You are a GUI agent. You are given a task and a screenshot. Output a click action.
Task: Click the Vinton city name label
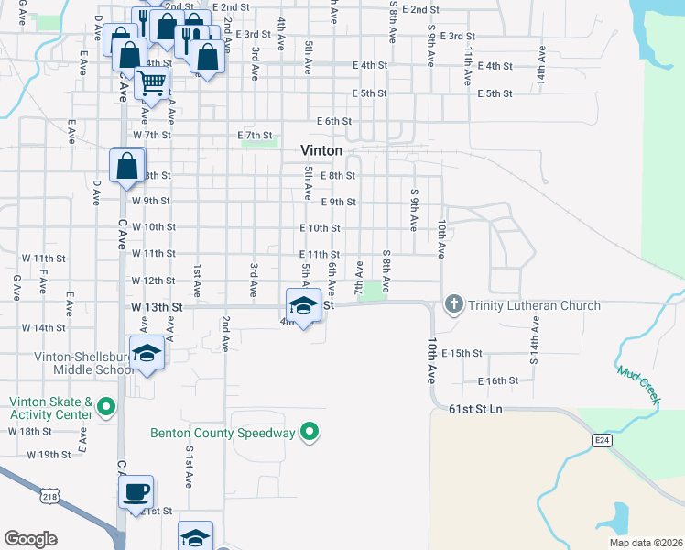point(322,150)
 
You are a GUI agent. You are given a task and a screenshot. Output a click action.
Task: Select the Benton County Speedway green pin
point(310,432)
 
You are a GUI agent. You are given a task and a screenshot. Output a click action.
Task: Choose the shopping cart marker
point(151,84)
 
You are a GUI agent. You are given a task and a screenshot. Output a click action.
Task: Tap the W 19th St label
point(49,455)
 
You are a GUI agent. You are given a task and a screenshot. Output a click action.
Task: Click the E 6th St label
point(334,121)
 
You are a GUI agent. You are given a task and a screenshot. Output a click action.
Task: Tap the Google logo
point(30,539)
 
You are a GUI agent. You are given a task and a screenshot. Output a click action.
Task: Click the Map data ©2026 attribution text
point(646,543)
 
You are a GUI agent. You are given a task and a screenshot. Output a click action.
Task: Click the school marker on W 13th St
point(303,305)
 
